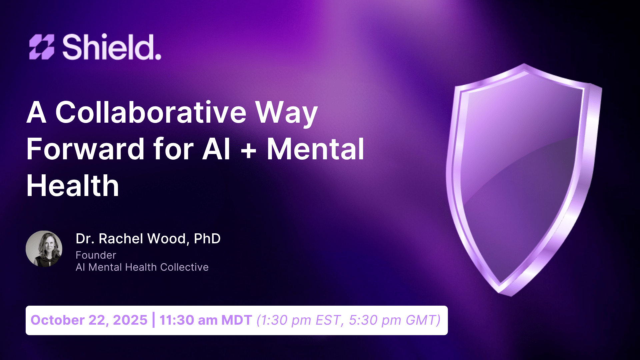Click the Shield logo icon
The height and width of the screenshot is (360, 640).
pos(42,47)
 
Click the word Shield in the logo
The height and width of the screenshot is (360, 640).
pos(112,47)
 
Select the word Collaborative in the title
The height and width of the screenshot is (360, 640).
pos(151,112)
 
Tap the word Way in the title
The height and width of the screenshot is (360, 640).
pos(286,113)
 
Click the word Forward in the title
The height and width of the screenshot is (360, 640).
pos(85,149)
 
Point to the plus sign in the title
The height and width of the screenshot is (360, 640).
pos(248,150)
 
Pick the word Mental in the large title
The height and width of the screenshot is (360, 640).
pos(315,149)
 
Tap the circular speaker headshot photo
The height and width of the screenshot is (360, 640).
pos(44,249)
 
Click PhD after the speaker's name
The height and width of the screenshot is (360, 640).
pos(207,239)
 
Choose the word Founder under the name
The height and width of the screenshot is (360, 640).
pos(96,255)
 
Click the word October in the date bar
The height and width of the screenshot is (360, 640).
pos(58,320)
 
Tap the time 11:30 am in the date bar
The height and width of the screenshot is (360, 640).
pos(188,320)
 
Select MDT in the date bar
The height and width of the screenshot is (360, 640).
pos(237,320)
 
